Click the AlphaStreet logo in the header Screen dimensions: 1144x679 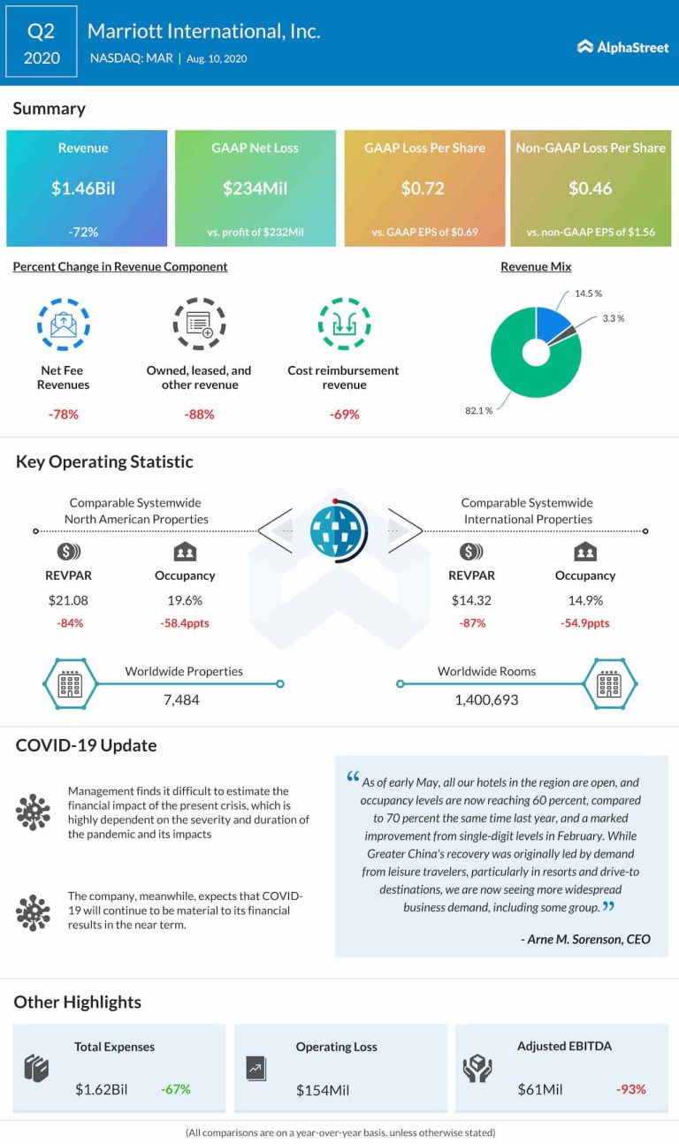click(x=623, y=47)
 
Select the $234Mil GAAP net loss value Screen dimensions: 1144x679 click(x=256, y=188)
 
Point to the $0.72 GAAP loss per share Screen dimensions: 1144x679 click(x=424, y=188)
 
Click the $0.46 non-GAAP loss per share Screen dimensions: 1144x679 click(x=591, y=188)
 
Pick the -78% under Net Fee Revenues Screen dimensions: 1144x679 click(x=63, y=414)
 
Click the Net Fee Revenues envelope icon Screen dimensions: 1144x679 click(x=63, y=324)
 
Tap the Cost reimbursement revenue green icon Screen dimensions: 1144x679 click(x=344, y=324)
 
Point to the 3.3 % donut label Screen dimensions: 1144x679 click(x=614, y=318)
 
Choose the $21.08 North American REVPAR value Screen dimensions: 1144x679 click(x=68, y=600)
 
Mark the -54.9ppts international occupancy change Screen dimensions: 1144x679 click(x=585, y=623)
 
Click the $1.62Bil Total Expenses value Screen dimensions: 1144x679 click(x=102, y=1089)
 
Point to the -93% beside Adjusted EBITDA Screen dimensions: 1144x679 click(x=631, y=1089)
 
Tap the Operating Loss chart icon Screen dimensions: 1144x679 click(x=256, y=1068)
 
